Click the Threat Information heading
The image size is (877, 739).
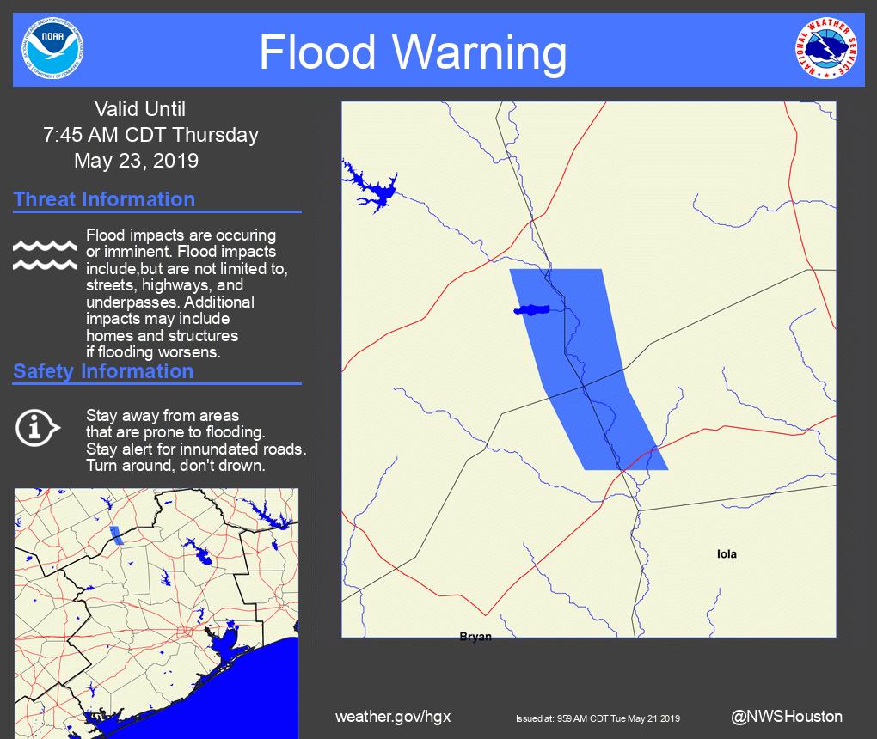(104, 199)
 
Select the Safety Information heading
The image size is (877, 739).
(103, 371)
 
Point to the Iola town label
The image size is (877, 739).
(727, 554)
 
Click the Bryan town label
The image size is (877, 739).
(475, 637)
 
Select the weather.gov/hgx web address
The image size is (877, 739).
(392, 717)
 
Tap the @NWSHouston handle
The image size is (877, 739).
(786, 717)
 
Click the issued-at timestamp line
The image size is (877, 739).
(598, 718)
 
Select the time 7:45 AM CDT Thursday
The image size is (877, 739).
(150, 135)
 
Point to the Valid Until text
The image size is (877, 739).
(139, 109)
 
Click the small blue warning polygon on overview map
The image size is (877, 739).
(116, 536)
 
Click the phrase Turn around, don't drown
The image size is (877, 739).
(175, 466)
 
